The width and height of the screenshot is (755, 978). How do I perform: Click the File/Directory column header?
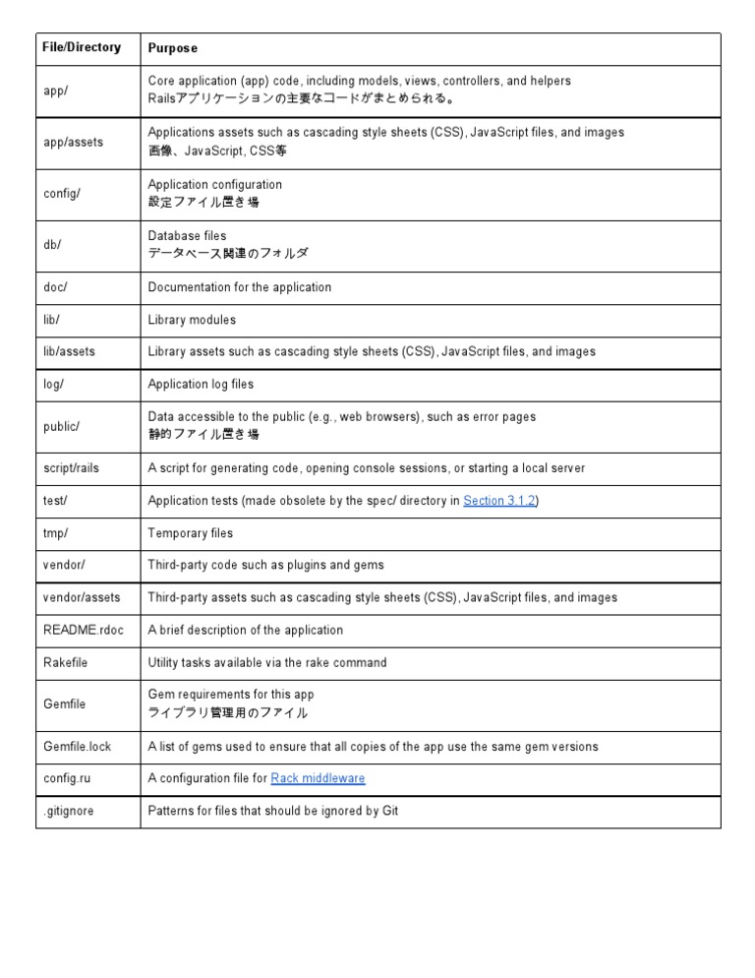82,47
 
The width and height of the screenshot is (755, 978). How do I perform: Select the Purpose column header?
172,48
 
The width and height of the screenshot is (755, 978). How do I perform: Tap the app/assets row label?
73,142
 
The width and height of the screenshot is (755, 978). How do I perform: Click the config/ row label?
62,193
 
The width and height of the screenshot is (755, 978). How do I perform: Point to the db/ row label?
52,245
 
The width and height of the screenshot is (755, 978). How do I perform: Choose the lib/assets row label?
70,351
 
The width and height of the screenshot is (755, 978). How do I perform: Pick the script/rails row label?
75,468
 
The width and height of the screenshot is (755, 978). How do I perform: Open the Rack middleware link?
318,778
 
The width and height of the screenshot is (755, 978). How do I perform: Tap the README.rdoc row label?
84,630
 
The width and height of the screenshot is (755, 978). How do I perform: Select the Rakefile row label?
66,662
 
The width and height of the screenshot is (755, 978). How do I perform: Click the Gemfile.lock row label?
78,746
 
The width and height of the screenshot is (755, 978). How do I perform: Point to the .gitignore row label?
69,811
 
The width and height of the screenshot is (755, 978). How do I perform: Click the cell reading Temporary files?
191,533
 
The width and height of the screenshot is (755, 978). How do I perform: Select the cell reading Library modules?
192,320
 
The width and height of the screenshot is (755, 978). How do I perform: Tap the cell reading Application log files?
201,384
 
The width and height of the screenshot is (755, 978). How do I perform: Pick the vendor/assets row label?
82,597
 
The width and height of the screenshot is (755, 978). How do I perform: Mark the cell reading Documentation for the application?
240,287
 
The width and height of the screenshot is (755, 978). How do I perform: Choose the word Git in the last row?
388,811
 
